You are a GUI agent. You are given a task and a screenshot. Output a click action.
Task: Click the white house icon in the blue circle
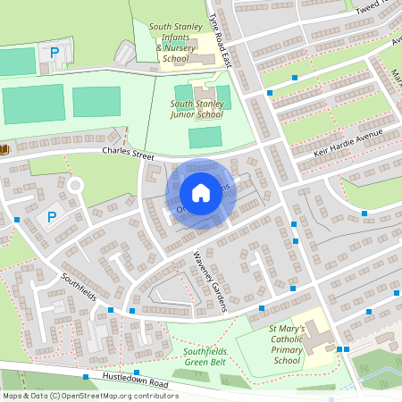point(201,192)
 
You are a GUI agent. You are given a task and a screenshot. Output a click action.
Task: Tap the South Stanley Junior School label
point(197,109)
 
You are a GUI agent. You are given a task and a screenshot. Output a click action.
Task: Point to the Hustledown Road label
point(135,381)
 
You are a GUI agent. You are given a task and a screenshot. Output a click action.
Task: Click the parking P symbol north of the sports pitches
point(54,54)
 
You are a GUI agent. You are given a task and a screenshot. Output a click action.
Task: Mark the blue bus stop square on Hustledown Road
point(137,373)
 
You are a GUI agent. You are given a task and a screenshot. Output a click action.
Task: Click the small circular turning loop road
point(75,186)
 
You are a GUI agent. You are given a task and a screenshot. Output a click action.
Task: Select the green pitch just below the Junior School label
point(205,137)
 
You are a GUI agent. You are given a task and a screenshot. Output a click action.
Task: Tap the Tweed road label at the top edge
point(367,9)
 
